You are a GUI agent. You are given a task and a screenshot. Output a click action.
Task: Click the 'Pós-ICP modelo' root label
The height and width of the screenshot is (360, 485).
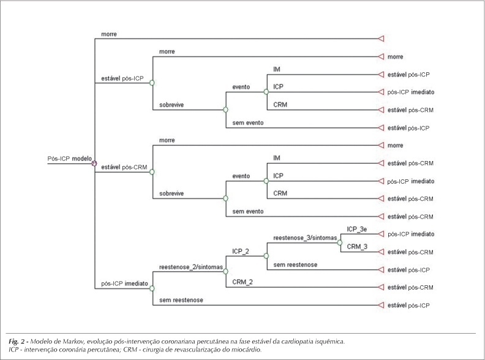(70, 159)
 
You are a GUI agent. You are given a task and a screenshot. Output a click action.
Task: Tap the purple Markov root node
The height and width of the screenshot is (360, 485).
(94, 163)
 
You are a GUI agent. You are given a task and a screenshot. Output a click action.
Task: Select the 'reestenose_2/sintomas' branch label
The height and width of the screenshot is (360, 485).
(191, 267)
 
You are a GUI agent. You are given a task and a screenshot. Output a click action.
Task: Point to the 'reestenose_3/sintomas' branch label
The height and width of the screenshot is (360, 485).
(305, 238)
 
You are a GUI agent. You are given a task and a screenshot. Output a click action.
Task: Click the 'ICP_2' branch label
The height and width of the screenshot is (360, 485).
(241, 251)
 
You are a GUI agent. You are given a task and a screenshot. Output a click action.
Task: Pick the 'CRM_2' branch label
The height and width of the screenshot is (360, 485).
(242, 282)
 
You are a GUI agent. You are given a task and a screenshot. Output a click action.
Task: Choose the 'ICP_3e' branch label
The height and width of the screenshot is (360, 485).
(356, 229)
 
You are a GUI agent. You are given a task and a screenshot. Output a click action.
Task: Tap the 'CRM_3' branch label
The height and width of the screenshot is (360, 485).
(357, 247)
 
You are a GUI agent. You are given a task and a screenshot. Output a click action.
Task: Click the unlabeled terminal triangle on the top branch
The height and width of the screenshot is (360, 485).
(381, 39)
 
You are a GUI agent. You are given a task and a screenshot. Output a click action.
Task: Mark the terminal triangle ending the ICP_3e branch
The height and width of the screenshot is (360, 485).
(381, 234)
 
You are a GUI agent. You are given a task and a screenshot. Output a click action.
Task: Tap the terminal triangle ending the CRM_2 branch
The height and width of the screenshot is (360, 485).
(381, 287)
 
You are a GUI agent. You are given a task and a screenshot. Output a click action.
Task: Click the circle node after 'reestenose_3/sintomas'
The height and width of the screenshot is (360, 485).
(340, 243)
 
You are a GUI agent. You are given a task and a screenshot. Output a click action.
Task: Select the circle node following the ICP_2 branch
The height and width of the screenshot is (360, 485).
(266, 256)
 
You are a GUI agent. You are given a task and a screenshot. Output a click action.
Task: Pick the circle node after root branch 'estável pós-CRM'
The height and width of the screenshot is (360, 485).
(152, 172)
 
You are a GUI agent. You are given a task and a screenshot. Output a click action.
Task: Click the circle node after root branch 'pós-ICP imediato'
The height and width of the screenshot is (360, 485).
(152, 288)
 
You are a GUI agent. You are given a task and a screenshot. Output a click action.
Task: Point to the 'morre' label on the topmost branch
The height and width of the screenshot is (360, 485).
(109, 34)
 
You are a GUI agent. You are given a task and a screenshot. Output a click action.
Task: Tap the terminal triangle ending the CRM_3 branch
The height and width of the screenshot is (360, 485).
(381, 252)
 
